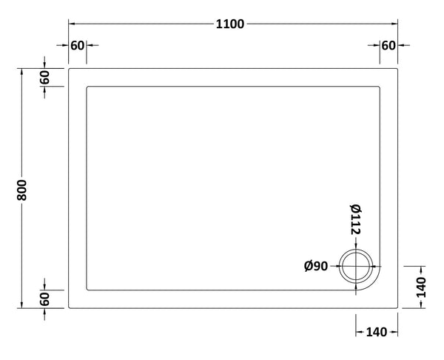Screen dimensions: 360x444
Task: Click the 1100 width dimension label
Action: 230,24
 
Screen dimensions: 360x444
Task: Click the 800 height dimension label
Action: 23,190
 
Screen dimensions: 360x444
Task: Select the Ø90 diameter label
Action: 316,266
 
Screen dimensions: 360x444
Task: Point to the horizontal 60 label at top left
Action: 77,45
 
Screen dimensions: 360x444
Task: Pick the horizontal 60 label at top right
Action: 388,45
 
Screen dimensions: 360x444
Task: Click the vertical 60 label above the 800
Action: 45,77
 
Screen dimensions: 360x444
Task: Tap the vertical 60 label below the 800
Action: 45,300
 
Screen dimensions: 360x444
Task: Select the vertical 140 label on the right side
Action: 420,287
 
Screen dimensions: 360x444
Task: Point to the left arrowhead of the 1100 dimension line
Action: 72,24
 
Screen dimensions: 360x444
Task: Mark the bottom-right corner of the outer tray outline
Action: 399,307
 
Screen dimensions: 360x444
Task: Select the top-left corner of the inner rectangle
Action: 88,88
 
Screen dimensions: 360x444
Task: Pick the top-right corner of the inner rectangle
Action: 380,88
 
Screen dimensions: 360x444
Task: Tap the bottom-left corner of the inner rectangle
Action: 88,288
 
